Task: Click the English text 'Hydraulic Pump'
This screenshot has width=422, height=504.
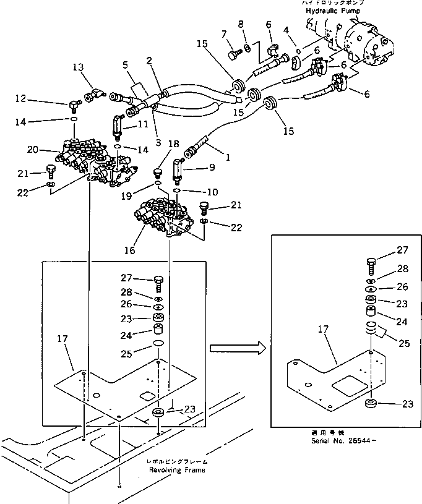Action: coord(329,11)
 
